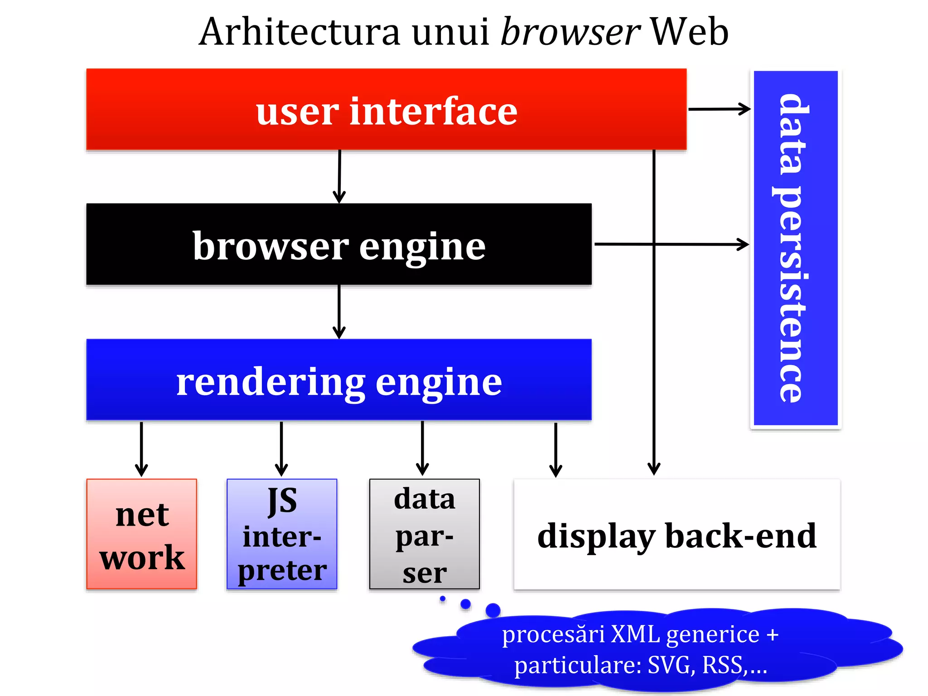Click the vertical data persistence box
click(795, 248)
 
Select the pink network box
click(142, 534)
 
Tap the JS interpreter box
click(282, 534)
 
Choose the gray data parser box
click(424, 534)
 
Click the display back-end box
click(677, 535)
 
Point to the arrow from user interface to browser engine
click(339, 177)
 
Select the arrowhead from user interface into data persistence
click(743, 109)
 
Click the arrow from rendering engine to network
click(141, 449)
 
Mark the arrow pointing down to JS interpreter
click(281, 449)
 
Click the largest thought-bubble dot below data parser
click(493, 610)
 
